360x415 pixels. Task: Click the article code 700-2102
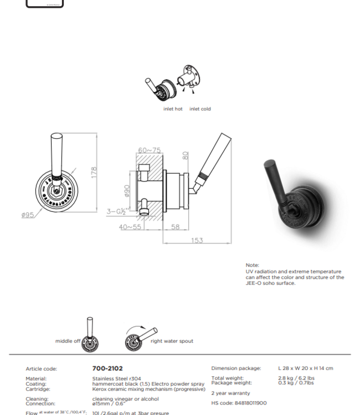coord(107,368)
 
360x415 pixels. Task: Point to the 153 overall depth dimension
coord(197,240)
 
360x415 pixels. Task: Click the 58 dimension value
coord(176,227)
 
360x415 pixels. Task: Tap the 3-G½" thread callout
coord(117,211)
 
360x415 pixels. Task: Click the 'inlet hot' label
coord(173,109)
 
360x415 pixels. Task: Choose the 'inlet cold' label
coord(200,109)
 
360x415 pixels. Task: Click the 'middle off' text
coord(68,341)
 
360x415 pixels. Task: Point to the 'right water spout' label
coord(172,341)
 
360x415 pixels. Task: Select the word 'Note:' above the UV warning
coord(252,265)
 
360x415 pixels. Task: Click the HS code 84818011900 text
coord(239,403)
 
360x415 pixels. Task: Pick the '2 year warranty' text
coord(230,393)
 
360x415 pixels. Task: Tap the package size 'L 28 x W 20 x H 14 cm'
coord(306,368)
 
